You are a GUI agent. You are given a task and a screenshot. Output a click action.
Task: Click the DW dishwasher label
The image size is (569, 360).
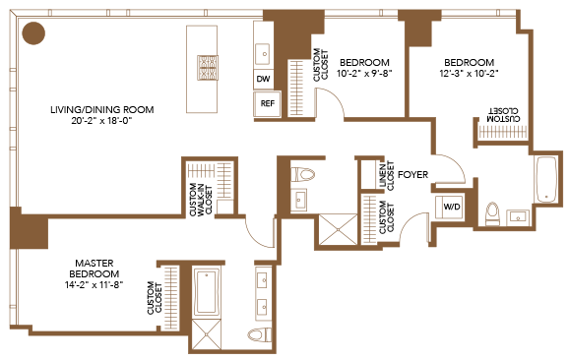[x=263, y=79]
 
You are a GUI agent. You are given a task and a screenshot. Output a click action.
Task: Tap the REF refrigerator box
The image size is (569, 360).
[x=268, y=103]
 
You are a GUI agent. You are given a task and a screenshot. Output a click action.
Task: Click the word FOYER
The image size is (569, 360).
[x=412, y=175]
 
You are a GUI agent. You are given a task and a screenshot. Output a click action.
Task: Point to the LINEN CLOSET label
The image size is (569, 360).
[x=387, y=175]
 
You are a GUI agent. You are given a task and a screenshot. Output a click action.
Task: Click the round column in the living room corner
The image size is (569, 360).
[x=33, y=33]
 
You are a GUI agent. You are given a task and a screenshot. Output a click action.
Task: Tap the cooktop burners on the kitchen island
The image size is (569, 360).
[x=208, y=68]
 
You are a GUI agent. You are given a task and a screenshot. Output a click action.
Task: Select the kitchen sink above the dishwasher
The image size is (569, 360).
[x=263, y=54]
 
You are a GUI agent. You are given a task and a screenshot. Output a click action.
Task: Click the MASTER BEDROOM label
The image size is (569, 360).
[x=95, y=269]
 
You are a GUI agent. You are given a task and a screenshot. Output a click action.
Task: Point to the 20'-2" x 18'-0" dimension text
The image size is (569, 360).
[x=101, y=121]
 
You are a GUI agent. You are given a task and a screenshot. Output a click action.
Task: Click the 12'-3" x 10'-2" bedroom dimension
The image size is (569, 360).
[x=469, y=74]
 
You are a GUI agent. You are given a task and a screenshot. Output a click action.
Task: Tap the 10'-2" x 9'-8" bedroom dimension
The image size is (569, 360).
[x=364, y=74]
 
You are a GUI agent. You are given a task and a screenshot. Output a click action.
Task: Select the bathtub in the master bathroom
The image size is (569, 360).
[x=207, y=293]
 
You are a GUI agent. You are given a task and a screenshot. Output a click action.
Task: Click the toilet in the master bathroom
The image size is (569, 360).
[x=260, y=334]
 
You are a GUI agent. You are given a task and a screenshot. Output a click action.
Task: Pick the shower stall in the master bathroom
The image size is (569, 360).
[x=206, y=334]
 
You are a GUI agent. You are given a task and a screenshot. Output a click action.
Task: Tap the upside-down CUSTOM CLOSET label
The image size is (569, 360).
[x=504, y=114]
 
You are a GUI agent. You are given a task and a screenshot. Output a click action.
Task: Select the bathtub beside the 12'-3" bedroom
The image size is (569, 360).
[x=546, y=179]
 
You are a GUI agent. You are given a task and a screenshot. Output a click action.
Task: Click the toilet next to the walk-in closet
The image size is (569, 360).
[x=302, y=174]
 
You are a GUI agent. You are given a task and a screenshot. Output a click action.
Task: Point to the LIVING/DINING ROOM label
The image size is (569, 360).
[x=102, y=109]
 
